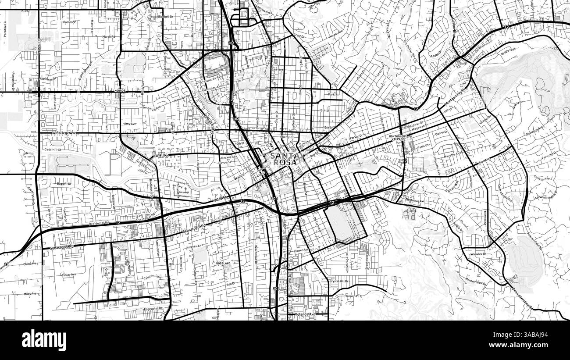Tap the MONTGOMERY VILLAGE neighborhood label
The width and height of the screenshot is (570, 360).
399,138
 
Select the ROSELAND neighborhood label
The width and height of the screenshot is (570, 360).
223,263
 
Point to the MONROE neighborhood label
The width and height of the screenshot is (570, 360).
120,90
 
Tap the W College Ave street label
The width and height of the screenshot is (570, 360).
64,132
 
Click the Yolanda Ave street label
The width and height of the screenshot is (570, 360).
306,314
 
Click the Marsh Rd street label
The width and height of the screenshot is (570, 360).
108,37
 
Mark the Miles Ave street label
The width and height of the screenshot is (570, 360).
30,294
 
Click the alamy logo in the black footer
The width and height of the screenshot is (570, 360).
44,340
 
